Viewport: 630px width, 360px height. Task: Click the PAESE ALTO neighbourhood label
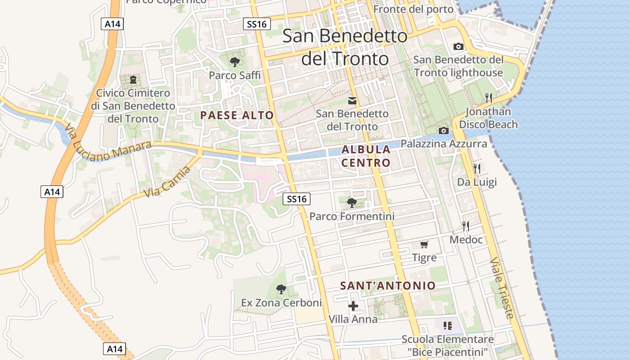[237, 115]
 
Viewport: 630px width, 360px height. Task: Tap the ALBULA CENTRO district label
[366, 156]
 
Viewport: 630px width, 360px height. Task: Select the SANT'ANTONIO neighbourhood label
[388, 286]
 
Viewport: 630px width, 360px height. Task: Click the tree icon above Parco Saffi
[234, 62]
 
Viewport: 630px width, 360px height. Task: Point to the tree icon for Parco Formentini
[352, 203]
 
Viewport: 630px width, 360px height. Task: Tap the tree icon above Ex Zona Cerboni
[281, 289]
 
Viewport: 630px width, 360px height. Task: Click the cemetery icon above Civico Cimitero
[133, 80]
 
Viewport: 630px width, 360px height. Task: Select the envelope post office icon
[352, 101]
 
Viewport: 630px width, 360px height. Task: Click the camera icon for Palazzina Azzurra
[444, 130]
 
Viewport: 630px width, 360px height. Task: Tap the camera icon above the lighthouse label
[459, 46]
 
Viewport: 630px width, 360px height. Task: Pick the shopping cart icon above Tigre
[424, 244]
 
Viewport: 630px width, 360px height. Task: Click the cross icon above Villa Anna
[353, 306]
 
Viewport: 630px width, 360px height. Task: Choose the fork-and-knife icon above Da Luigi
[477, 169]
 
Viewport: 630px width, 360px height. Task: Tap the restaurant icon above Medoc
[466, 226]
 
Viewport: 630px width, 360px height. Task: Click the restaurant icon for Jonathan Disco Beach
[489, 98]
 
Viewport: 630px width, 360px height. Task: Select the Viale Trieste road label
[502, 288]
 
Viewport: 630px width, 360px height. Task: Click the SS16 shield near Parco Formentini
[297, 199]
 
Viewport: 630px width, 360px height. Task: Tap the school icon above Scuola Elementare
[447, 325]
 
